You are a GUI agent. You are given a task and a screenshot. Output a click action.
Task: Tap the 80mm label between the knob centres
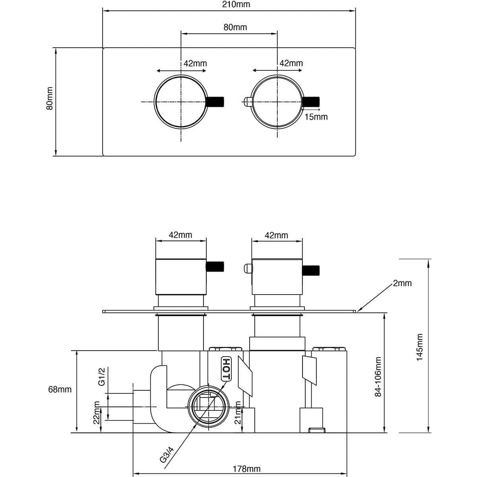pyautogui.click(x=235, y=27)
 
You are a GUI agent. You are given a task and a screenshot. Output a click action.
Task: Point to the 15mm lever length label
pyautogui.click(x=316, y=117)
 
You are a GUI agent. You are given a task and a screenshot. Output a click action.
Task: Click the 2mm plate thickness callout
pyautogui.click(x=402, y=283)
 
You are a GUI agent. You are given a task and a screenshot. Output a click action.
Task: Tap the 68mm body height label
pyautogui.click(x=60, y=390)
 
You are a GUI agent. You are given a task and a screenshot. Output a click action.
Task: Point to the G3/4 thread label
pyautogui.click(x=167, y=454)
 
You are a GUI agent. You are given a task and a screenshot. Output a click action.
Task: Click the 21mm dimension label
pyautogui.click(x=238, y=413)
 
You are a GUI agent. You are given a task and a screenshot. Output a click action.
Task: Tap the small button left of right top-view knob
pyautogui.click(x=246, y=102)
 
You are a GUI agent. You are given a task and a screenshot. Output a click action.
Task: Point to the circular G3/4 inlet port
pyautogui.click(x=208, y=405)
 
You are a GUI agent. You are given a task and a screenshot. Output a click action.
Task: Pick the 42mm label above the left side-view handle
pyautogui.click(x=180, y=235)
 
